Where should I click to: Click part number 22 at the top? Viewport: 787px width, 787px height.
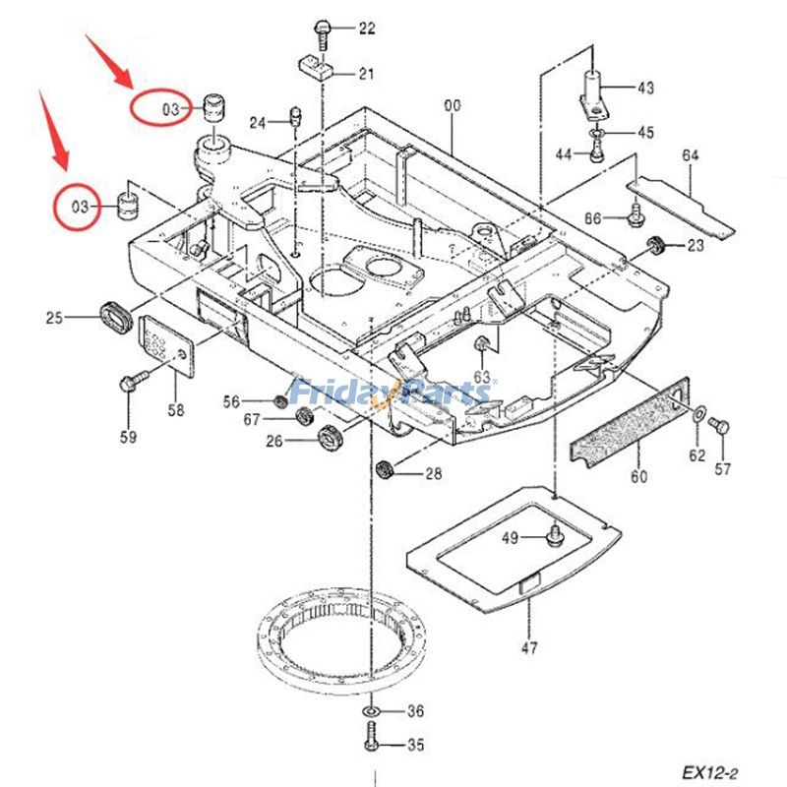[366, 29]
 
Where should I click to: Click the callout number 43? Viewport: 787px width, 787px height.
[644, 89]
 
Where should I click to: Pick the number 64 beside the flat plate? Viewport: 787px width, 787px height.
[690, 155]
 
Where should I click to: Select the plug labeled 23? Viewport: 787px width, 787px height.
[653, 244]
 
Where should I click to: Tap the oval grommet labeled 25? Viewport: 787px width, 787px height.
[115, 318]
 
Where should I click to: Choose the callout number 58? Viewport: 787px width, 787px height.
[175, 411]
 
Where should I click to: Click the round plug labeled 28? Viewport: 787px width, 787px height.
[388, 468]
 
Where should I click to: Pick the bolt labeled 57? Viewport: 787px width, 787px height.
[718, 426]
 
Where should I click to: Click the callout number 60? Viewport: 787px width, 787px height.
[639, 477]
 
